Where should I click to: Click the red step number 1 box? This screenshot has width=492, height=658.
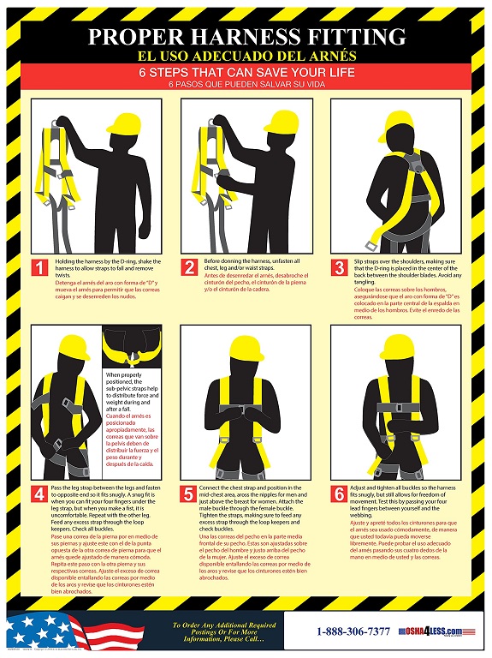pos(39,268)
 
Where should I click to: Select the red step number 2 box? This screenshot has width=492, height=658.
pos(190,268)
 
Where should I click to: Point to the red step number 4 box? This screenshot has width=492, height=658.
pos(39,494)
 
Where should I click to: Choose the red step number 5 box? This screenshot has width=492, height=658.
pos(190,494)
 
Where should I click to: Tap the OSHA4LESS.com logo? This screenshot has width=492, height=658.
pos(437,631)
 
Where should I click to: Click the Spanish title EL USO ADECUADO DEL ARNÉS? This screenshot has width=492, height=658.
pos(246,56)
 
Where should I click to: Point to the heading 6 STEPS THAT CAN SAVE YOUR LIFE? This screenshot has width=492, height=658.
pos(246,73)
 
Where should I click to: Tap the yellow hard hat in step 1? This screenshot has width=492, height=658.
pos(88,127)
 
